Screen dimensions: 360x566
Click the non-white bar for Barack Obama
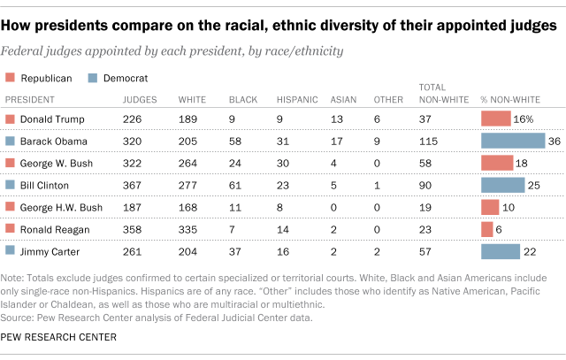pos(513,141)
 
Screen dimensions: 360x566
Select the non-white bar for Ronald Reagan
pos(487,229)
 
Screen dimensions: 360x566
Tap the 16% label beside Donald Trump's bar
pos(524,119)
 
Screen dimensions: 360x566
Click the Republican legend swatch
pos(11,78)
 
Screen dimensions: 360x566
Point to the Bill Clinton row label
pos(44,185)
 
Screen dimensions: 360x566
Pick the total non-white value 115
pos(431,141)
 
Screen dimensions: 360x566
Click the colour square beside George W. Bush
pos(11,163)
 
